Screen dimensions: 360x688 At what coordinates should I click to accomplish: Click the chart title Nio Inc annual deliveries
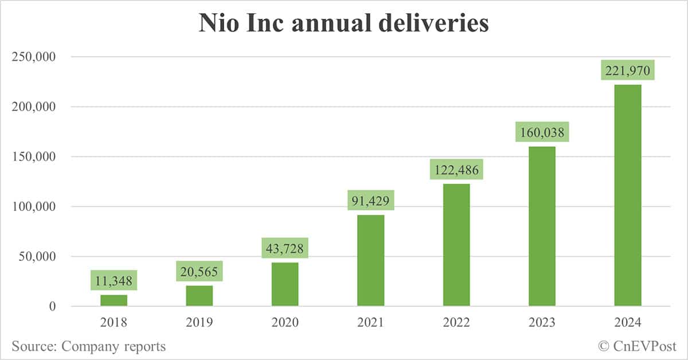[343, 24]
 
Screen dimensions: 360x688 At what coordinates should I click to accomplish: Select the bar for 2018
[114, 300]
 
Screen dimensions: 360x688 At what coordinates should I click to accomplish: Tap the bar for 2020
[285, 284]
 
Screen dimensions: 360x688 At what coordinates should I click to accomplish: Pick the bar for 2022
[456, 245]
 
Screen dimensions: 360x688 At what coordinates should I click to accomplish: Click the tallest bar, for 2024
[628, 195]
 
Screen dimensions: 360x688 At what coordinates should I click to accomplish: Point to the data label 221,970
[628, 72]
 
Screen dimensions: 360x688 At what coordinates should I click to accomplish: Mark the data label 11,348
[114, 281]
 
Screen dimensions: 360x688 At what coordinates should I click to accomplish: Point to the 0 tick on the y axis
[52, 307]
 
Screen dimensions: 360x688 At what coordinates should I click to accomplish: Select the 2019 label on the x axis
[199, 323]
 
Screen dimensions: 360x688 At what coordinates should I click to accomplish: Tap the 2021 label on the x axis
[371, 323]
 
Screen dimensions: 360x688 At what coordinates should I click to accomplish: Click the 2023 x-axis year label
[542, 323]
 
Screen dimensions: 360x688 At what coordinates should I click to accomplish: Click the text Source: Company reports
[88, 346]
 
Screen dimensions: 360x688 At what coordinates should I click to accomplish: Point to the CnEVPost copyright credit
[637, 346]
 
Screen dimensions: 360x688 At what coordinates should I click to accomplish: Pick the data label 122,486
[456, 170]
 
